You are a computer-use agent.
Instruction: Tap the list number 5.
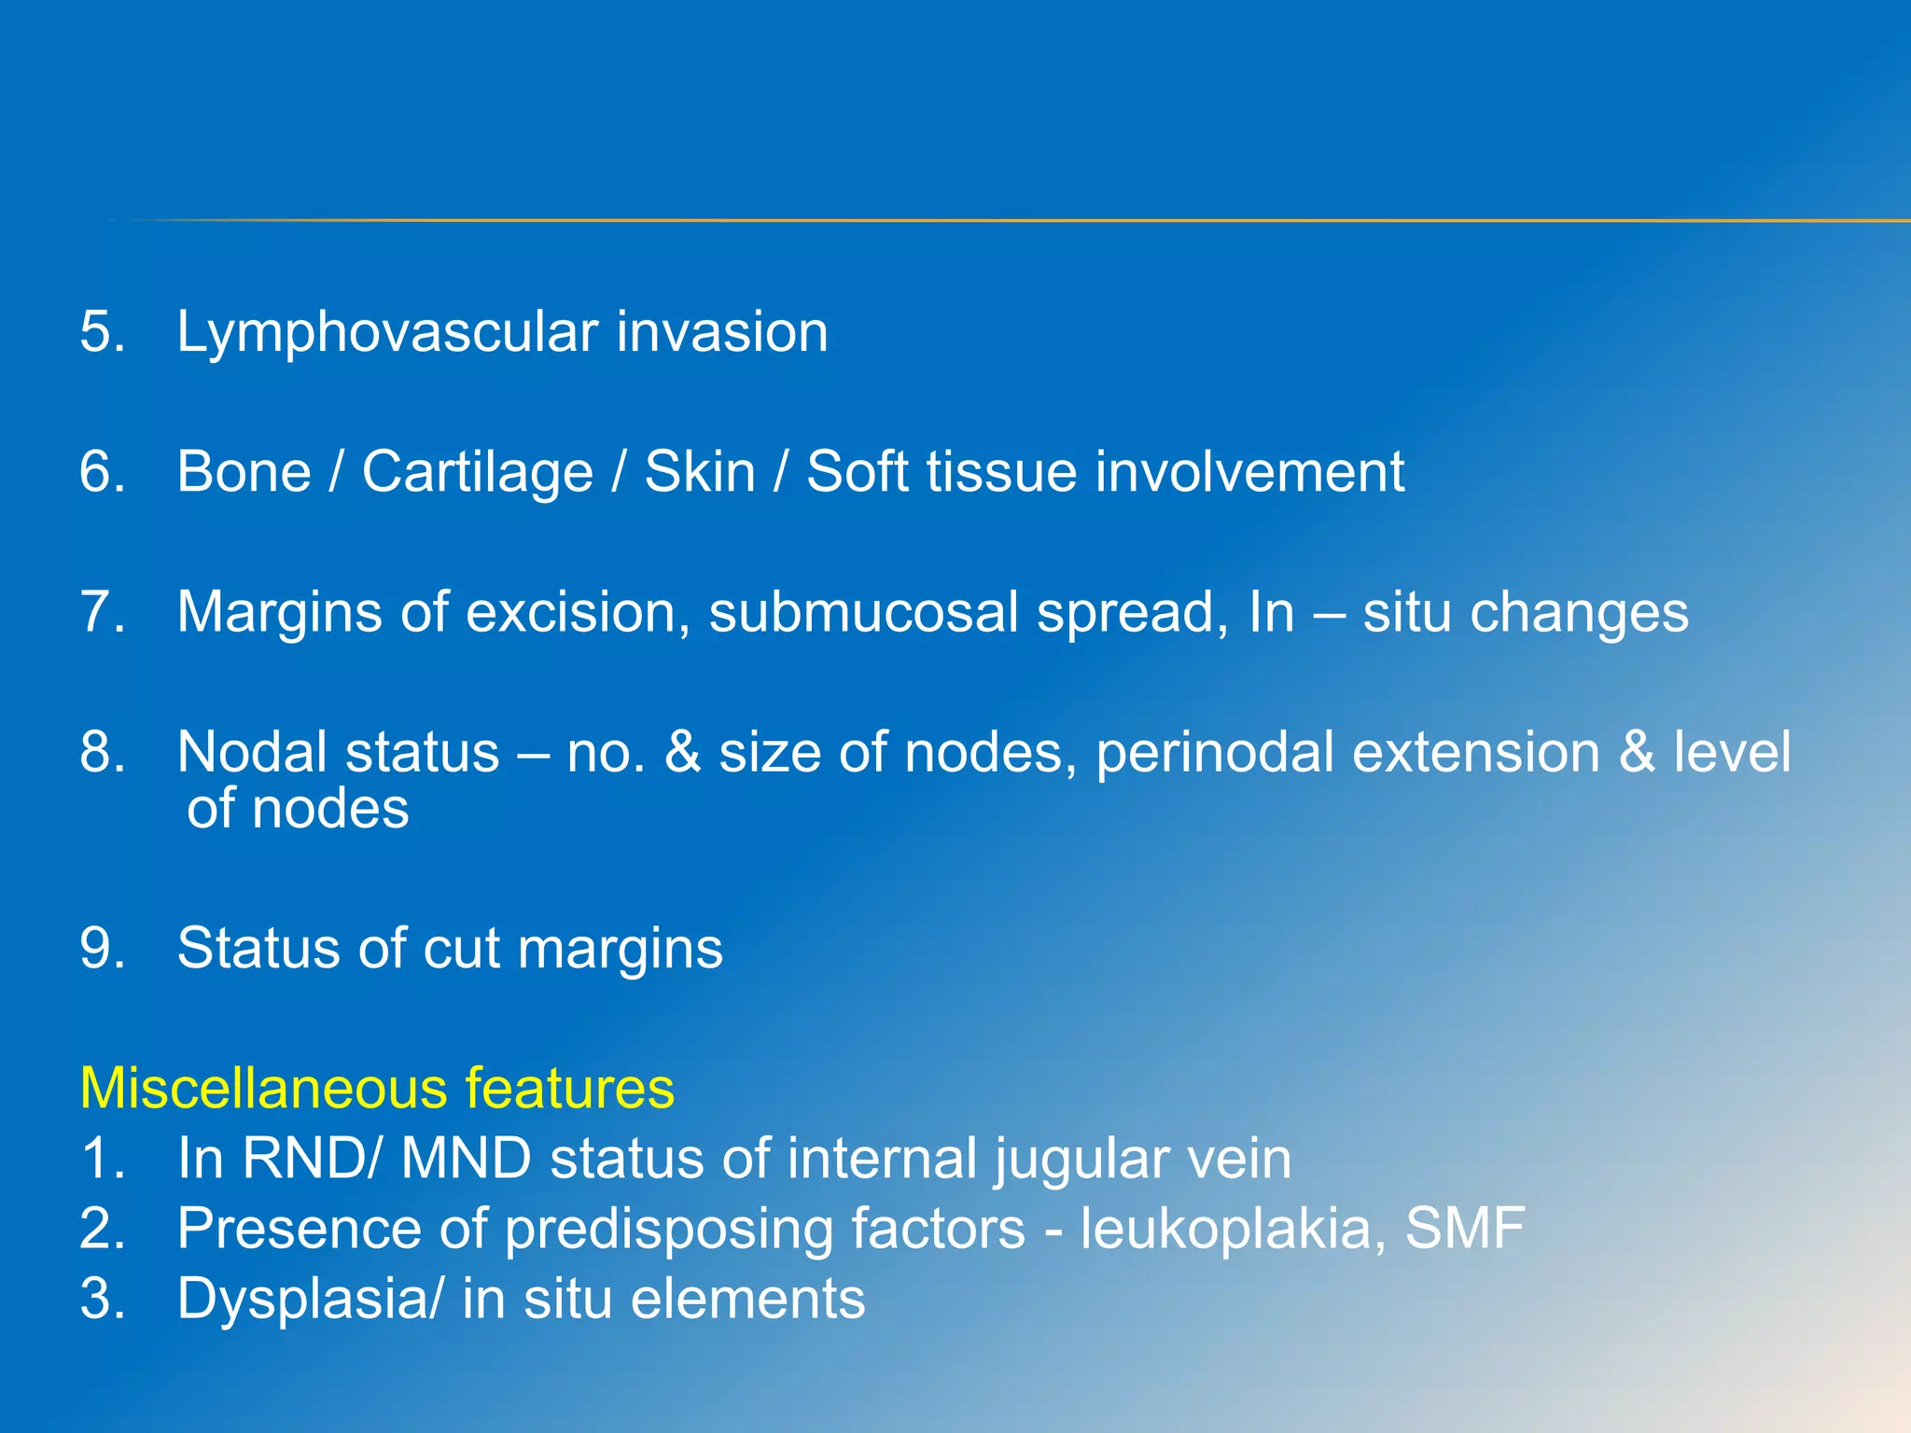[102, 332]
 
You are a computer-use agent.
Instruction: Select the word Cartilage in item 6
[477, 473]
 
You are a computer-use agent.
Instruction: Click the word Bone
[244, 472]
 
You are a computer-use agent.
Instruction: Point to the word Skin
[700, 472]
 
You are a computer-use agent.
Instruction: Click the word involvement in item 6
[1249, 472]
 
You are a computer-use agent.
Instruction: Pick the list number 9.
[102, 949]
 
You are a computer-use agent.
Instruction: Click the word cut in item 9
[462, 949]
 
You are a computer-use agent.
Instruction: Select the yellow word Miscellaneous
[263, 1089]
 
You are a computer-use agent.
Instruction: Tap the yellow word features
[569, 1089]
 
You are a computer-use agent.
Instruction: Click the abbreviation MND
[466, 1159]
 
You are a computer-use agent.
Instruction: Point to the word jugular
[1080, 1161]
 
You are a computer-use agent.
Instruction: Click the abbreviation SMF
[1464, 1229]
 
